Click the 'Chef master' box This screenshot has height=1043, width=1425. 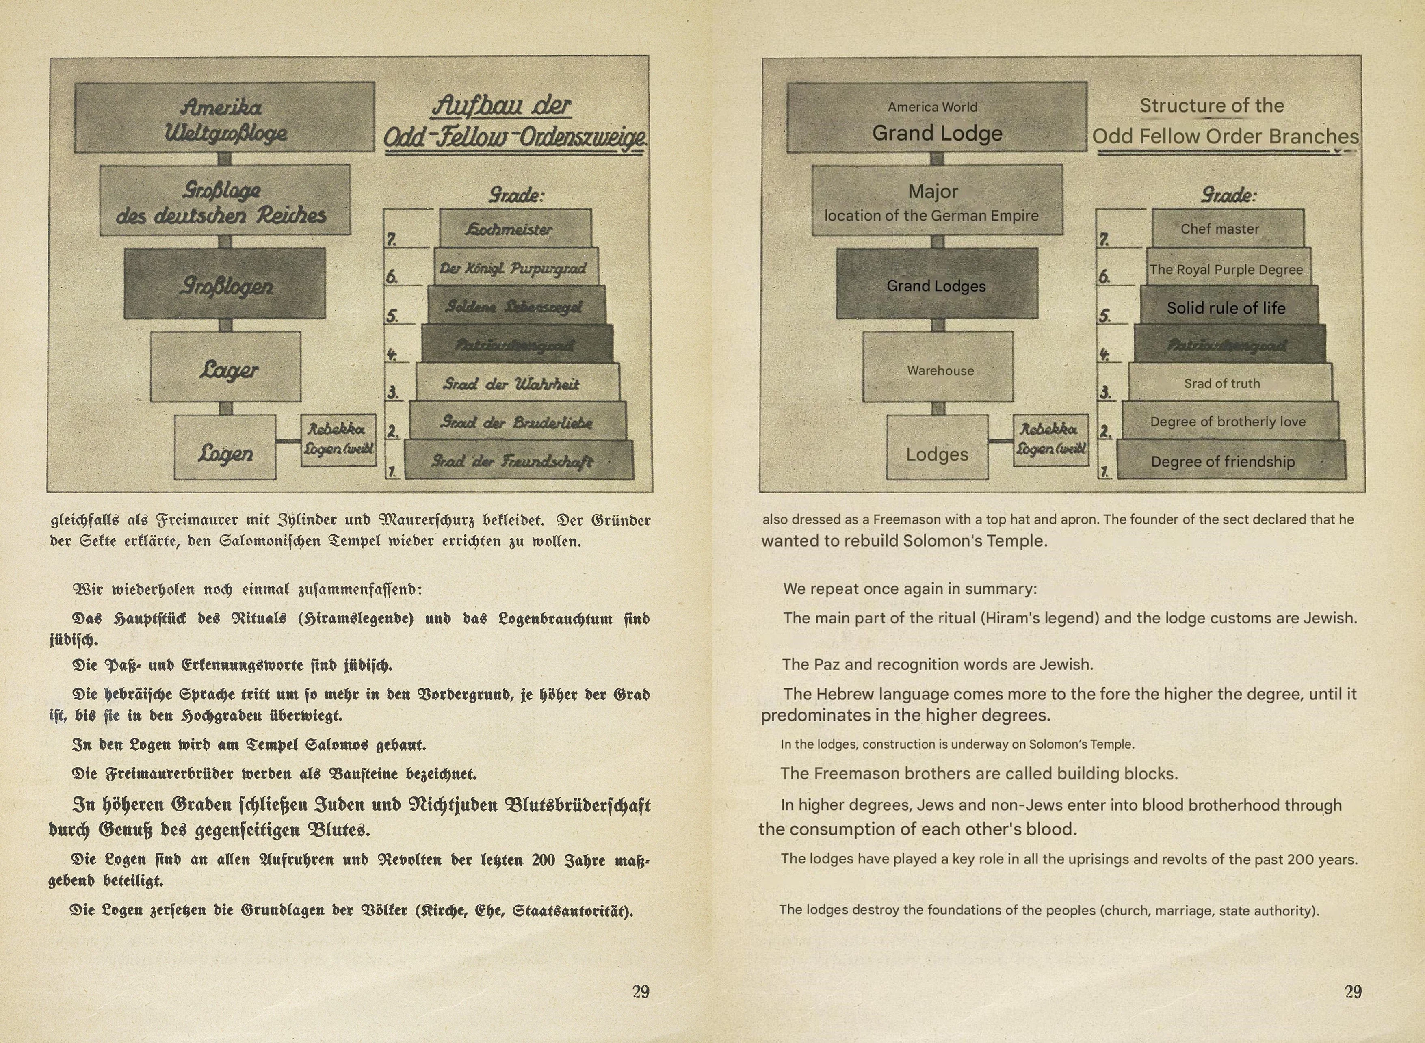[1228, 229]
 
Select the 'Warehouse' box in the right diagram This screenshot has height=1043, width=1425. [938, 368]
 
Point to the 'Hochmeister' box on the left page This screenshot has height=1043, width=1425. [515, 229]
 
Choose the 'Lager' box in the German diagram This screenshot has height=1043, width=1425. [225, 368]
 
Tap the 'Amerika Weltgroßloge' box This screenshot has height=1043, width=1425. [224, 118]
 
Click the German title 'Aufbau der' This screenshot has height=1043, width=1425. [501, 106]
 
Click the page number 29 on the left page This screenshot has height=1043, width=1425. [641, 991]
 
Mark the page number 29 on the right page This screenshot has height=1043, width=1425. [1353, 991]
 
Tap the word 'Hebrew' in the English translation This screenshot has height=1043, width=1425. [844, 694]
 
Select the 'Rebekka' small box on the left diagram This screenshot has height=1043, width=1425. [338, 439]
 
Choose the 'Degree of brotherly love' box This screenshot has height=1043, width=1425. [1229, 421]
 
